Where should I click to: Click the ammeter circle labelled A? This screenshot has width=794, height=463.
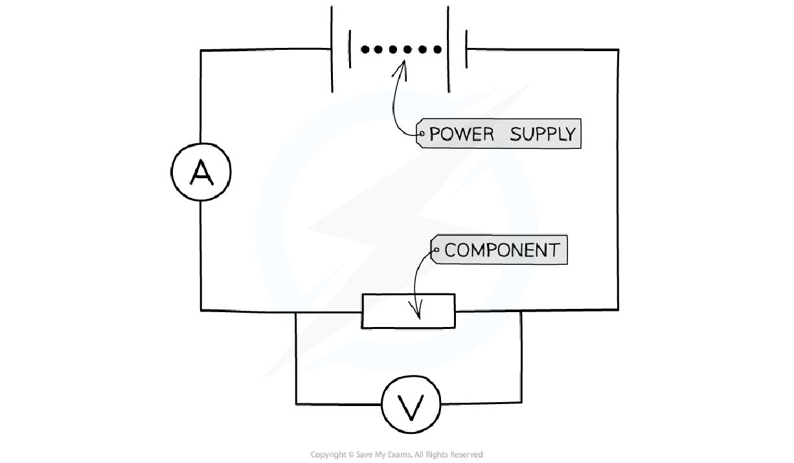[x=201, y=172]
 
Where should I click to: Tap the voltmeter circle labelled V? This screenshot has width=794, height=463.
[x=411, y=405]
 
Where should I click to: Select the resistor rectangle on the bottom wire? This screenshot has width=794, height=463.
[x=408, y=311]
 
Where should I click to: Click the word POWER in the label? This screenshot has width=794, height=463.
[x=462, y=134]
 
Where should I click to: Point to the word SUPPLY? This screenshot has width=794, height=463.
[x=542, y=134]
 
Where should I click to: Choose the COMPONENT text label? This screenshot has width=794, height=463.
[x=502, y=251]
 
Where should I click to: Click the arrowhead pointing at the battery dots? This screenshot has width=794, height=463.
[x=402, y=65]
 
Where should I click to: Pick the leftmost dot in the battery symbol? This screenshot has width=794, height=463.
[x=365, y=49]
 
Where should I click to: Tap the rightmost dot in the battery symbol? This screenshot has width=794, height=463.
[x=438, y=49]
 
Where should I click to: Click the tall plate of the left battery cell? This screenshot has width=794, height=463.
[x=332, y=49]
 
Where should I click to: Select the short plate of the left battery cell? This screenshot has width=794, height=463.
[x=350, y=49]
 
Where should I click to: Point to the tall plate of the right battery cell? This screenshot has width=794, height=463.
[x=448, y=49]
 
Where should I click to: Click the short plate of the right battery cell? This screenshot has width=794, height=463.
[x=466, y=49]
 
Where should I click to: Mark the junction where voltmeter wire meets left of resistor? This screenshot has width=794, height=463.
[x=296, y=311]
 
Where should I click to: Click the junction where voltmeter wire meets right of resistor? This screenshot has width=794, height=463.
[x=521, y=311]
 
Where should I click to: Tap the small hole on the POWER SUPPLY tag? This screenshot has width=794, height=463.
[x=422, y=134]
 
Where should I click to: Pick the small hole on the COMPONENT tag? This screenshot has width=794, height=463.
[x=437, y=250]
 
